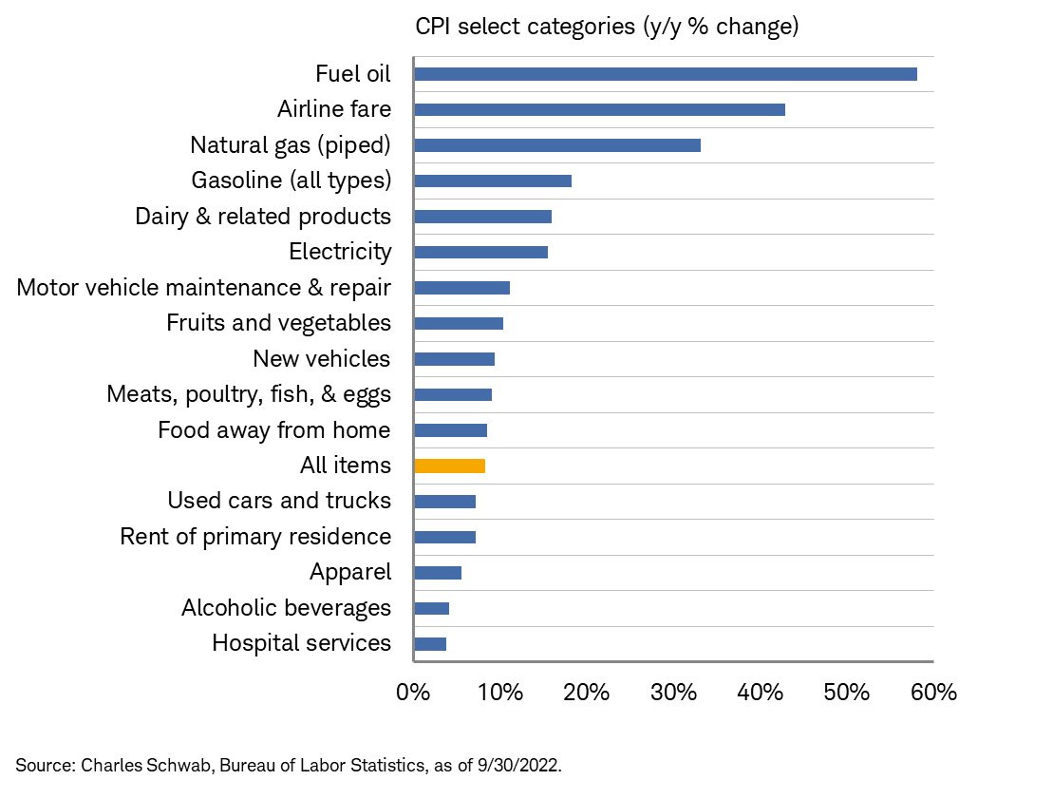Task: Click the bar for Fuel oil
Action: tap(666, 74)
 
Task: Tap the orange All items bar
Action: tap(450, 466)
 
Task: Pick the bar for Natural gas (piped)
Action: tap(557, 145)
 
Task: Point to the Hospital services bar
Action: tap(430, 644)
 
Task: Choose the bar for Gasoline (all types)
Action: tap(493, 181)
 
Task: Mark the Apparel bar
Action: tap(438, 573)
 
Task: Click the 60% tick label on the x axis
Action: tap(933, 693)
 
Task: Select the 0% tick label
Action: tap(414, 693)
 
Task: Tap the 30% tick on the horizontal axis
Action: tap(673, 693)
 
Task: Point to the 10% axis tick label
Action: tap(499, 693)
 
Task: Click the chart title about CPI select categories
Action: tap(607, 27)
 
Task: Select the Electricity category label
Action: tap(340, 252)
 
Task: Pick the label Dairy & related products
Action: tap(263, 217)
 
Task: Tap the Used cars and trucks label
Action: tap(279, 501)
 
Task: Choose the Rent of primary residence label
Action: tap(255, 537)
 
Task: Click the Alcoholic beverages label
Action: tap(286, 608)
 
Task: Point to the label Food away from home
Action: tap(274, 430)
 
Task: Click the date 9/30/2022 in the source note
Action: tap(524, 765)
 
